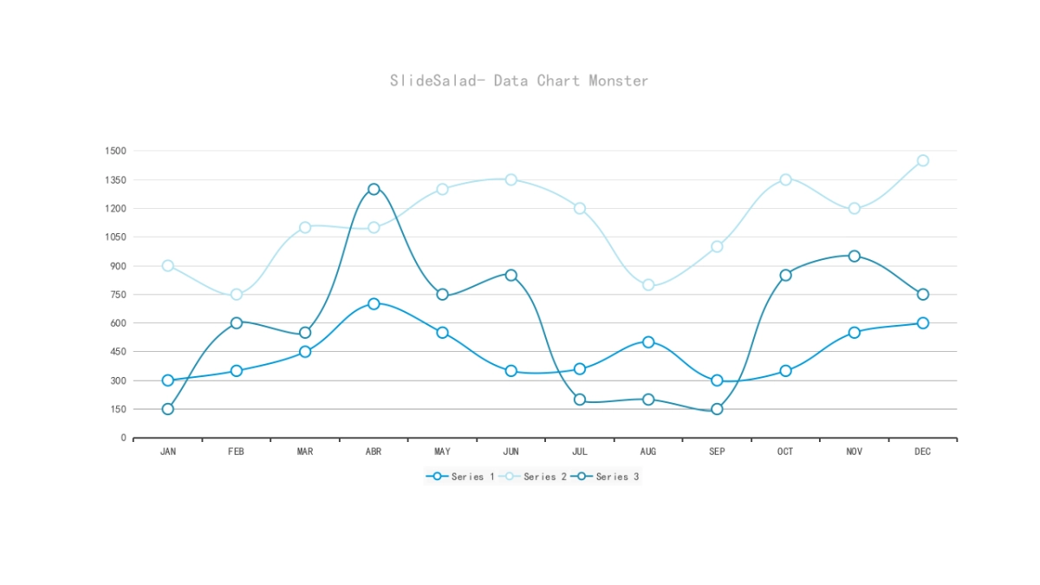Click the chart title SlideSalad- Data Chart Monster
click(518, 81)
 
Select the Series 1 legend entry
click(461, 477)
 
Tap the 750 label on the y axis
click(117, 295)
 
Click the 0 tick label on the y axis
click(123, 438)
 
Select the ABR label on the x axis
click(374, 452)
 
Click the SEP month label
click(717, 452)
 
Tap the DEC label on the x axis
click(923, 452)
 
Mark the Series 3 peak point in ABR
click(374, 189)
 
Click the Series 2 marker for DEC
click(923, 160)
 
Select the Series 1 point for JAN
click(168, 380)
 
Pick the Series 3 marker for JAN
click(168, 409)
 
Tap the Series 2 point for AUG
click(648, 285)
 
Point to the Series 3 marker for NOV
click(855, 256)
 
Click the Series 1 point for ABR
click(374, 303)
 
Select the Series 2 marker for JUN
click(511, 179)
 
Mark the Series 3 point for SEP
click(717, 409)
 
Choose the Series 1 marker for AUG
click(648, 342)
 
